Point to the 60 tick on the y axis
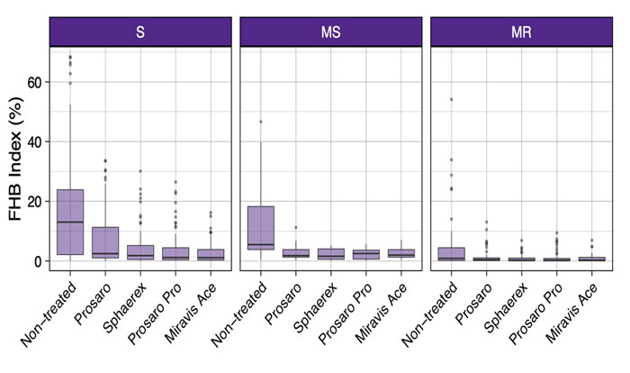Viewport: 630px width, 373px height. pyautogui.click(x=37, y=82)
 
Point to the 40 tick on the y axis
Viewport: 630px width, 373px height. pyautogui.click(x=37, y=141)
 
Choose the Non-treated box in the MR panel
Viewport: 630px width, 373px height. pyautogui.click(x=452, y=253)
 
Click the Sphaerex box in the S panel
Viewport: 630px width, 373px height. pyautogui.click(x=139, y=252)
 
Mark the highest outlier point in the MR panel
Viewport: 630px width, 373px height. pyautogui.click(x=452, y=99)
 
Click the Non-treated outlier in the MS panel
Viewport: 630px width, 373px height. pyautogui.click(x=260, y=122)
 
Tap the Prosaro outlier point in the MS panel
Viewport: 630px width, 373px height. pyautogui.click(x=295, y=227)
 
